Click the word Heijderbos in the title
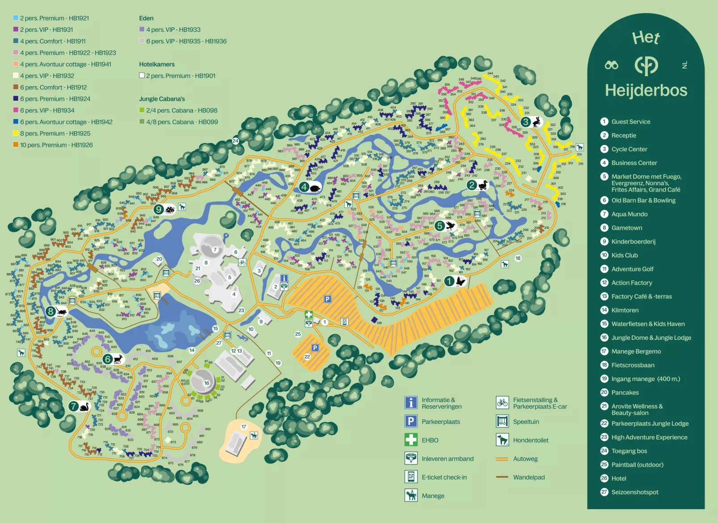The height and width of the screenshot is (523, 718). coord(646,90)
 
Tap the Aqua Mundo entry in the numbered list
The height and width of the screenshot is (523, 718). coord(629,214)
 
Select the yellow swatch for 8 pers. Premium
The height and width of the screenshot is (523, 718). coord(16,133)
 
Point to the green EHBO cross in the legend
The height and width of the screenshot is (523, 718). coord(410,440)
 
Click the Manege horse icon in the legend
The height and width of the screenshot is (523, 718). coord(410,495)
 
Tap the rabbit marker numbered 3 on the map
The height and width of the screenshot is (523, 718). coord(530,122)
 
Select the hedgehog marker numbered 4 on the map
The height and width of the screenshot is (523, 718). coord(310,187)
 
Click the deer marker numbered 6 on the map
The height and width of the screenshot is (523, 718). coord(113,359)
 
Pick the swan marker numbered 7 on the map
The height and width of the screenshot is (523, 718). coord(79,407)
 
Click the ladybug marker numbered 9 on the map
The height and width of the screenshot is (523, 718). coord(164,209)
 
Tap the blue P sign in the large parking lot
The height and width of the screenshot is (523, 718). coord(328,299)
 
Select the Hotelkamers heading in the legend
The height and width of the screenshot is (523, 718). coord(156,64)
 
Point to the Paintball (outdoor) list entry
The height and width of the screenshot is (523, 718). coord(637,465)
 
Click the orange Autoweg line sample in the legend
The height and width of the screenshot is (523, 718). coord(502,459)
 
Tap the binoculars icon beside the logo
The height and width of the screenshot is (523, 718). coord(611,65)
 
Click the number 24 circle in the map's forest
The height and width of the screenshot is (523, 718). coord(235,141)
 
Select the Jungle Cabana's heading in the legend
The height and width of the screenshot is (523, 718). coord(161,99)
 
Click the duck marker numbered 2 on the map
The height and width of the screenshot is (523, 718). coord(477,184)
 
